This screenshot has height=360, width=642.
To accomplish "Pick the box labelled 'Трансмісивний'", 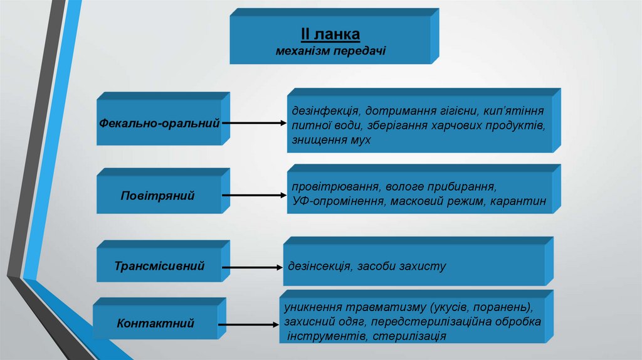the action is (x=159, y=266).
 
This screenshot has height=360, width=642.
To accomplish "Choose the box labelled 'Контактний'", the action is (x=155, y=324).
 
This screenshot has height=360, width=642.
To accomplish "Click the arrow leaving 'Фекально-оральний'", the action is (x=254, y=124).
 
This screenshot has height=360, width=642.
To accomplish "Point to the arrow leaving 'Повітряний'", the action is (x=254, y=196).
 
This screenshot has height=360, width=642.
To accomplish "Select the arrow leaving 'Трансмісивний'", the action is (x=251, y=267).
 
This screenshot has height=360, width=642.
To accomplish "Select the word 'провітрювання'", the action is (x=330, y=187).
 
